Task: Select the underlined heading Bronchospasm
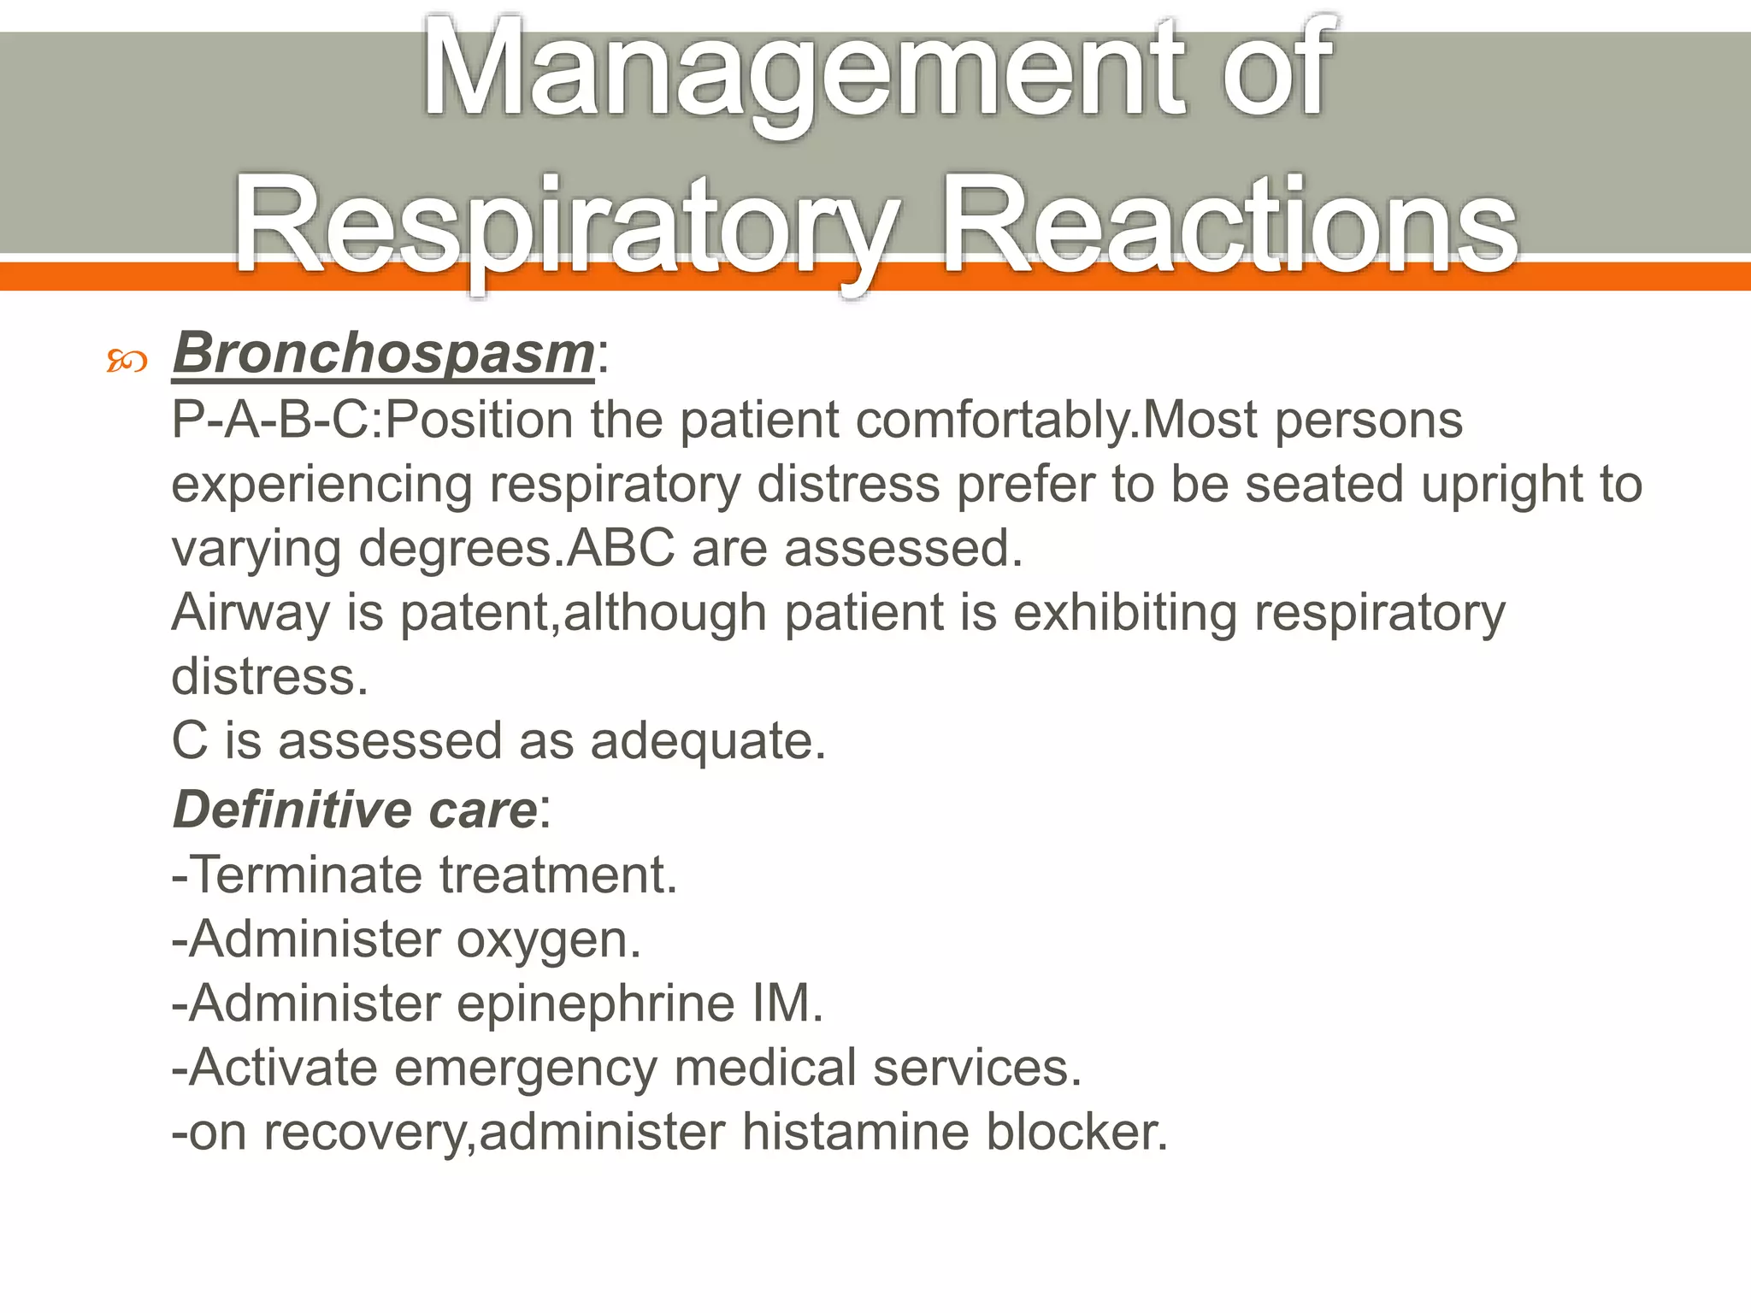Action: (383, 352)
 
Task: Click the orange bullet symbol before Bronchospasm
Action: (127, 362)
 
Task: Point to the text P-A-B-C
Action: (273, 421)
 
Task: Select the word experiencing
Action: (321, 485)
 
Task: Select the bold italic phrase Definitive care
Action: (355, 810)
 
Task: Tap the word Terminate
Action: (306, 874)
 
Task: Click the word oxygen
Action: (547, 939)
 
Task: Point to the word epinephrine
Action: (596, 1003)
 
